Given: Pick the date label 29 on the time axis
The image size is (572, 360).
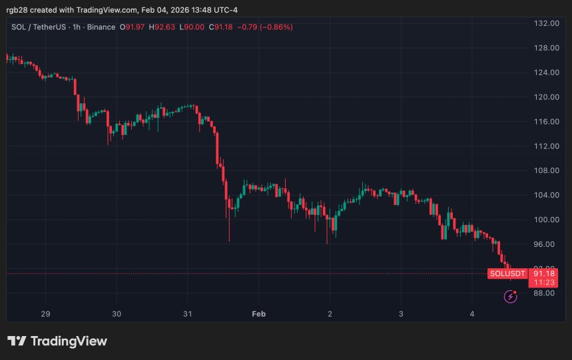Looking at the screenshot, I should [x=45, y=313].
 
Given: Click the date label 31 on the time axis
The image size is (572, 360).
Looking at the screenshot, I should [x=187, y=313].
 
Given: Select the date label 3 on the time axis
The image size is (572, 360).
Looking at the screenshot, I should [x=401, y=313].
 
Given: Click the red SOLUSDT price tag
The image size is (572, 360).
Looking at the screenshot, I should [x=507, y=273].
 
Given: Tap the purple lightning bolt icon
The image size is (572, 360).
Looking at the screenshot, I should [x=511, y=297].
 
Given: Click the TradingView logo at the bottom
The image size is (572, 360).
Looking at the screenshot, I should [x=57, y=341].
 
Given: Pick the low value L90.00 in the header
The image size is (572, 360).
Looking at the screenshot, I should [x=192, y=27].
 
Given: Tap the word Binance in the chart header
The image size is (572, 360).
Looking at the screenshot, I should [x=99, y=27].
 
